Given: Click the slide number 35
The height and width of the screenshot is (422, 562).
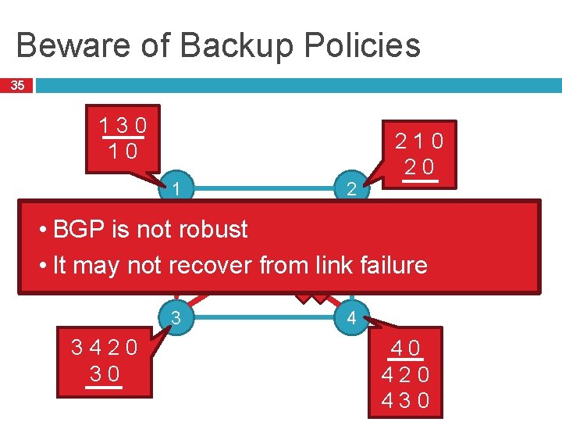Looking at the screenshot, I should tap(17, 85).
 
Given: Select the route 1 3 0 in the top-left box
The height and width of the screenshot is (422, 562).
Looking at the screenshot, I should tap(123, 126).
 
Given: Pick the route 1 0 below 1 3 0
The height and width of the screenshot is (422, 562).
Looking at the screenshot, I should tap(123, 150).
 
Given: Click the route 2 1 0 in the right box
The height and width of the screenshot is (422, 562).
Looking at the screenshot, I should tap(419, 141).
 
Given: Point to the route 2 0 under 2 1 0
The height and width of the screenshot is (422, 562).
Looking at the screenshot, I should tap(419, 166).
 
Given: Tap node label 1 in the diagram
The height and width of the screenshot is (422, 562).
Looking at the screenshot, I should tap(177, 188).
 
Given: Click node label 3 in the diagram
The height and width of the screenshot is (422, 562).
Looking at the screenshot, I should tap(176, 318).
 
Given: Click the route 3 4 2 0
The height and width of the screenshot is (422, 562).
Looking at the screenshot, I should tap(105, 347).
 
